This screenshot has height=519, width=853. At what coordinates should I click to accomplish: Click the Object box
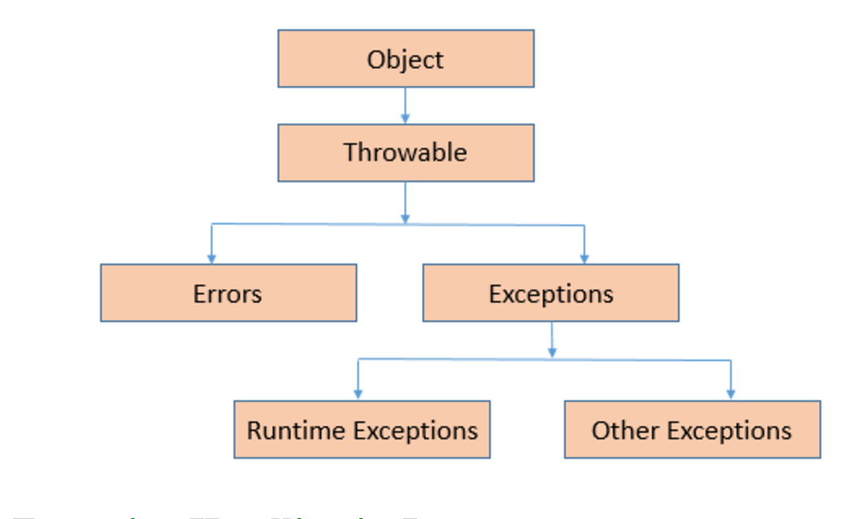(405, 59)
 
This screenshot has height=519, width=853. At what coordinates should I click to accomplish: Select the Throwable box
(405, 152)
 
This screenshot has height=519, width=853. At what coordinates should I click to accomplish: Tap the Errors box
(228, 293)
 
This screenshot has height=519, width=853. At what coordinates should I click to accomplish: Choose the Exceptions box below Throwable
(550, 293)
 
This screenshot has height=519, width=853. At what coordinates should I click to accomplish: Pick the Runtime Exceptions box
(361, 430)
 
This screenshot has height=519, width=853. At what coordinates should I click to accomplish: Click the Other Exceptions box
(692, 430)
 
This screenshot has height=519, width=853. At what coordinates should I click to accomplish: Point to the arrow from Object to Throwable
(405, 105)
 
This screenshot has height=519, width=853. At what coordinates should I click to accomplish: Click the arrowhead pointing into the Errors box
(212, 258)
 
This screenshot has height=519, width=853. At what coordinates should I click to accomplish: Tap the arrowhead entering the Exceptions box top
(584, 258)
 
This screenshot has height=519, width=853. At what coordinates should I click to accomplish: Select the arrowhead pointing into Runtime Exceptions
(358, 395)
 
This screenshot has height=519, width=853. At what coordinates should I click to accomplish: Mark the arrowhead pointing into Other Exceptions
(731, 395)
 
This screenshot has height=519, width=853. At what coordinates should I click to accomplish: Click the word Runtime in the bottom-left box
(286, 430)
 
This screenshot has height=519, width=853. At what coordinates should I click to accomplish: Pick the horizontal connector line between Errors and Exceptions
(309, 224)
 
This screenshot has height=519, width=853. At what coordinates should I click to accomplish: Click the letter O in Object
(375, 59)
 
